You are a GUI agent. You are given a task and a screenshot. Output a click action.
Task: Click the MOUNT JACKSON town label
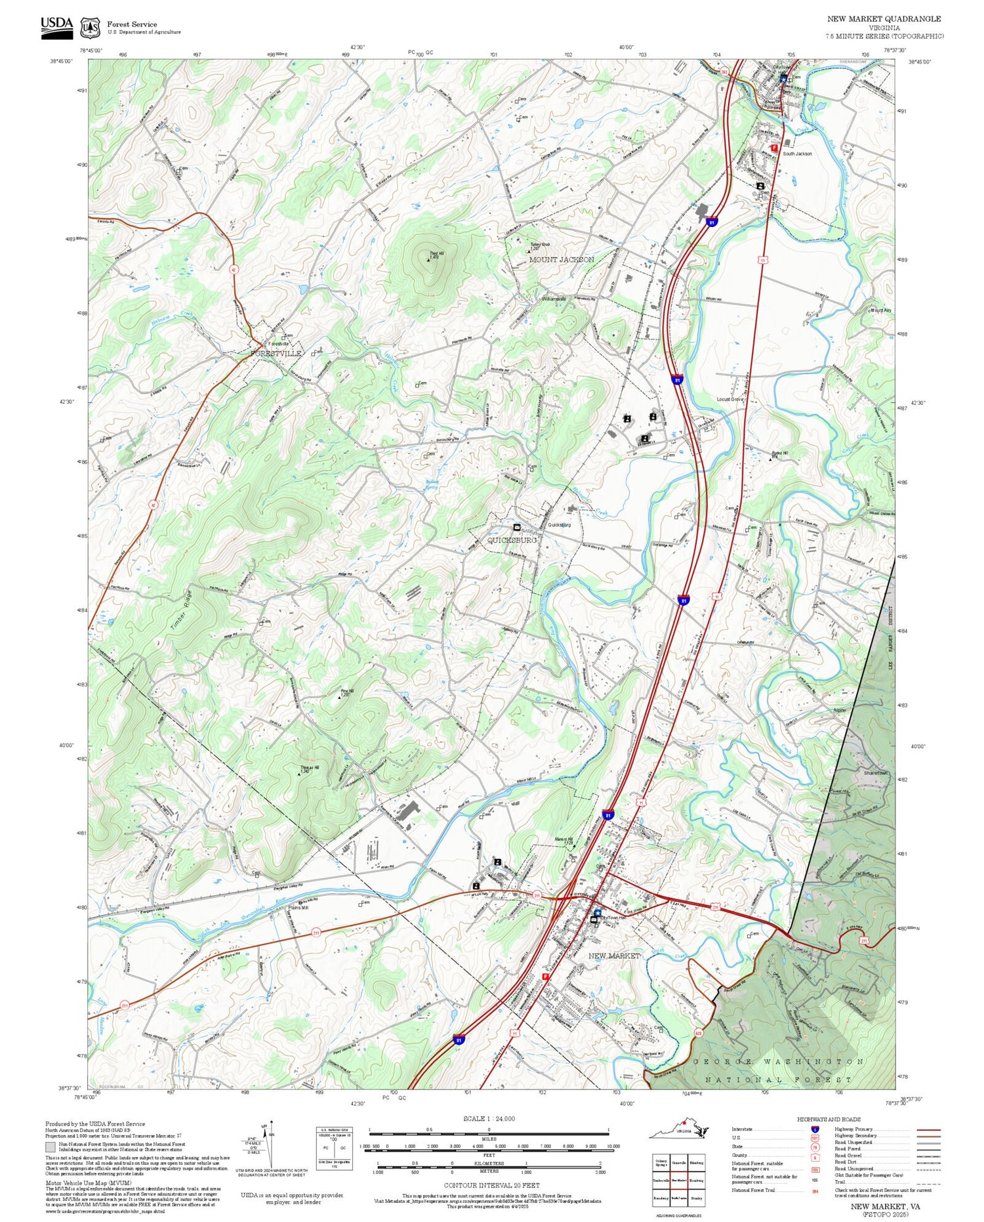coord(562,260)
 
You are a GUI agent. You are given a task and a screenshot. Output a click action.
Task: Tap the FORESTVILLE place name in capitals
coord(276,354)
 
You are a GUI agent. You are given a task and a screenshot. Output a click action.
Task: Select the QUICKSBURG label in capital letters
coord(512,540)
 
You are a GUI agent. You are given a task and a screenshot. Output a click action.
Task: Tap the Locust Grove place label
coord(730,400)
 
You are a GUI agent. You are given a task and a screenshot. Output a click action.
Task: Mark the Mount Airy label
coord(880,310)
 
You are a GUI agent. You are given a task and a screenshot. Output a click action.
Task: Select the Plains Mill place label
coord(298,908)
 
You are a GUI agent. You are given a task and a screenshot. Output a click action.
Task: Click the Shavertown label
coord(876,773)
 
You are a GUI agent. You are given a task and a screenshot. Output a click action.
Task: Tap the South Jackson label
coord(797,154)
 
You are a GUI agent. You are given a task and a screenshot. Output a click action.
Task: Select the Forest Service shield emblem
coord(90,28)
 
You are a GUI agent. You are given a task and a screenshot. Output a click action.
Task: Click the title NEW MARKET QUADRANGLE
coord(884,19)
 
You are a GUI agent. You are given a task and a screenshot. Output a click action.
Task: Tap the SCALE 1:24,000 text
coord(489,1119)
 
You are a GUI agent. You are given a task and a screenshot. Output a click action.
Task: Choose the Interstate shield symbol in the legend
coord(815,1129)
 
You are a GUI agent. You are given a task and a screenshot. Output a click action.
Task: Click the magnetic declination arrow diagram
coord(270,1145)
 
